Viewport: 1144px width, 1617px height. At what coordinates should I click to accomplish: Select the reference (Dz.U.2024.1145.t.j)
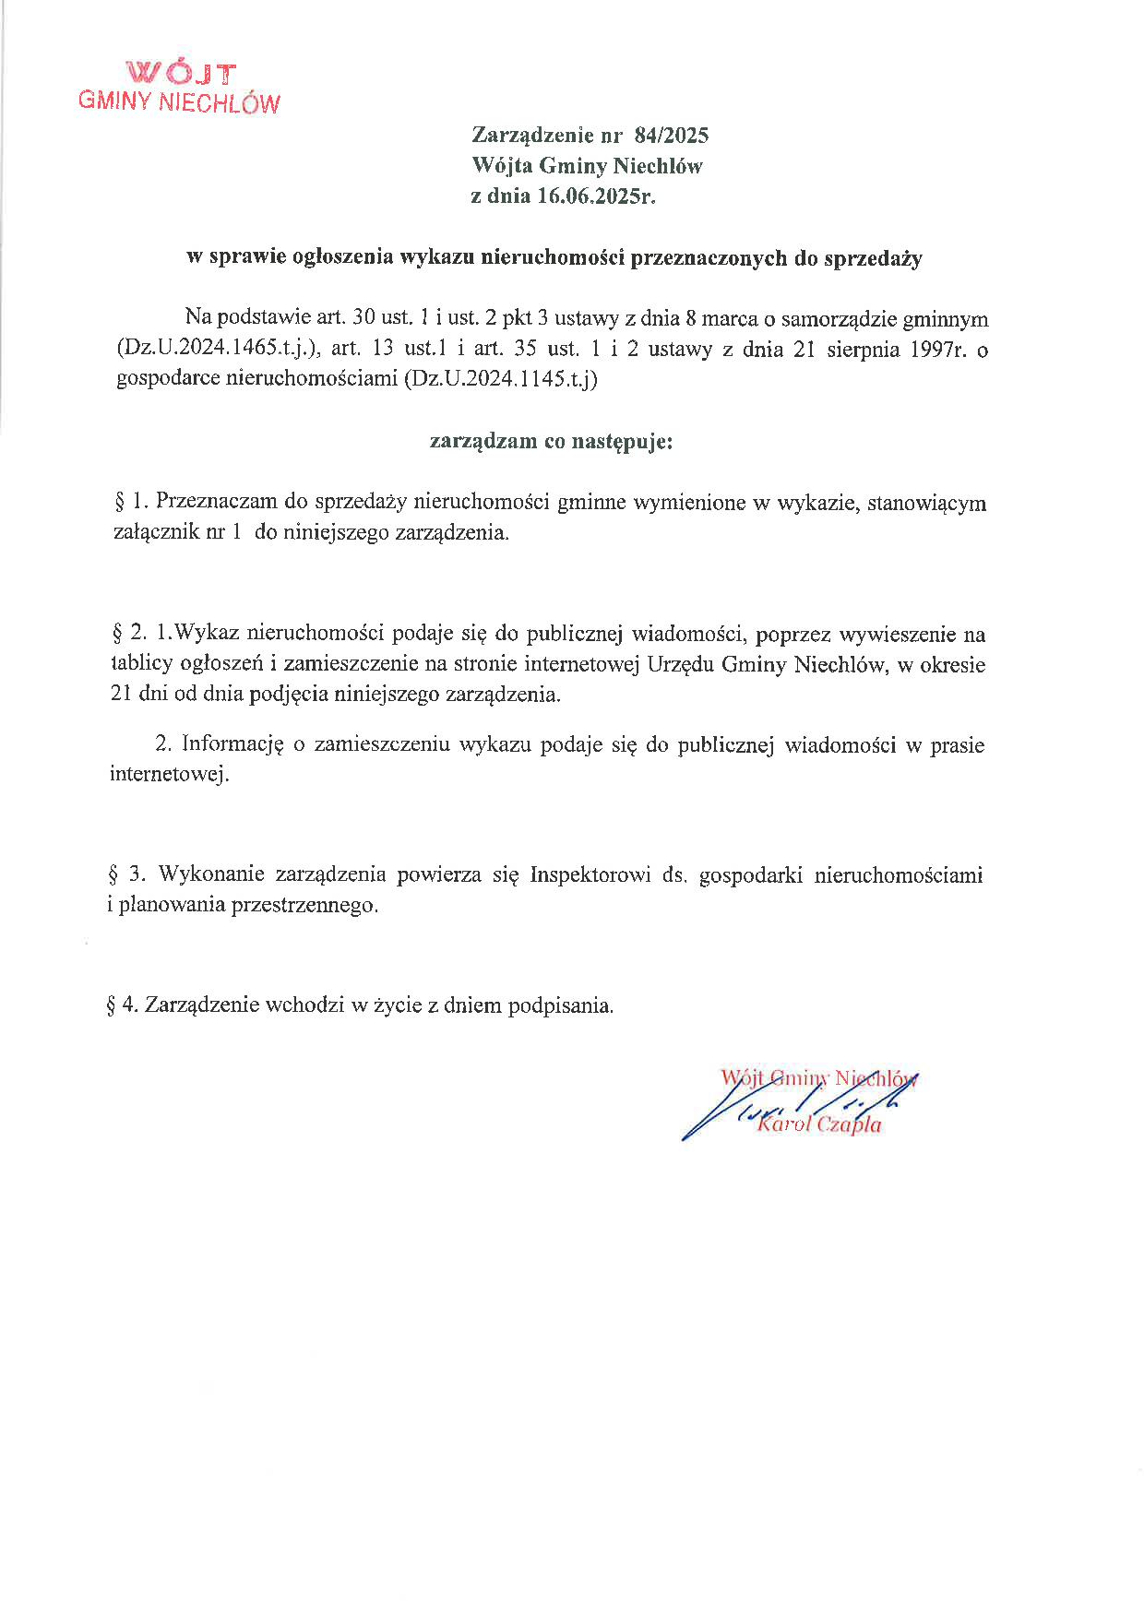pos(500,380)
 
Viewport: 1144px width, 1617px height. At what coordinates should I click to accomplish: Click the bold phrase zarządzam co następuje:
pos(552,441)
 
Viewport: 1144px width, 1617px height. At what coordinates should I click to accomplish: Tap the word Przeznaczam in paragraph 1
pos(214,503)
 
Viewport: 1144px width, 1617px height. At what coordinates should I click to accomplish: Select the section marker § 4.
pos(123,1005)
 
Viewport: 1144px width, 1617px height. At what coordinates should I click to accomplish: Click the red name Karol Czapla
pos(818,1125)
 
